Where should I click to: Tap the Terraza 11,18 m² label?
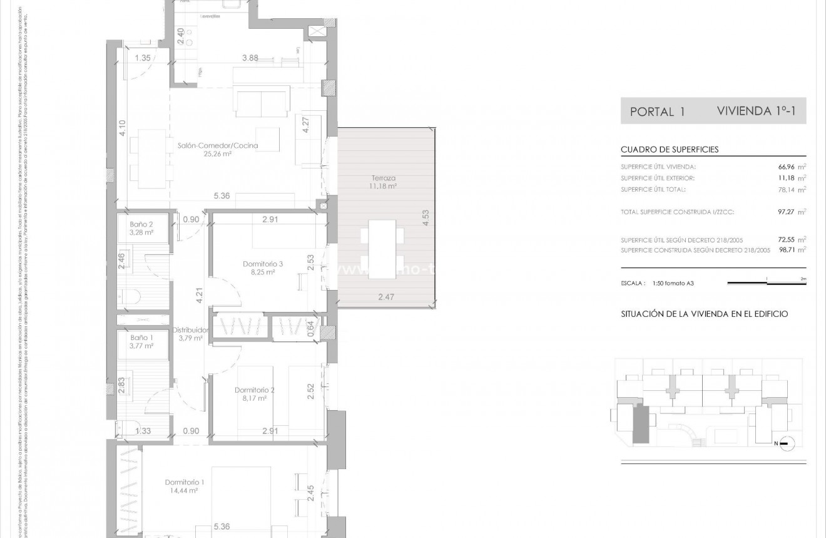382,182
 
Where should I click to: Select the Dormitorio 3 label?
263,264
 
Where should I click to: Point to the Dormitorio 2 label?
255,390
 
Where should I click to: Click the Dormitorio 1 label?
185,482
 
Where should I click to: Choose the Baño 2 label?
141,224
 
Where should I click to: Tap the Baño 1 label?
141,337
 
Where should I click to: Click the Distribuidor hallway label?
190,330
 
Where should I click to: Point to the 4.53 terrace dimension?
426,217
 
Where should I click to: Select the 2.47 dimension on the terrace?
386,297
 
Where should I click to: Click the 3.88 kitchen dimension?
250,58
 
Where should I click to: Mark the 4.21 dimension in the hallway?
199,295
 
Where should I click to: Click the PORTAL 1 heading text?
657,112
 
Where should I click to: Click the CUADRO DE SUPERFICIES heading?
670,150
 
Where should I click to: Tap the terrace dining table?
382,246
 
